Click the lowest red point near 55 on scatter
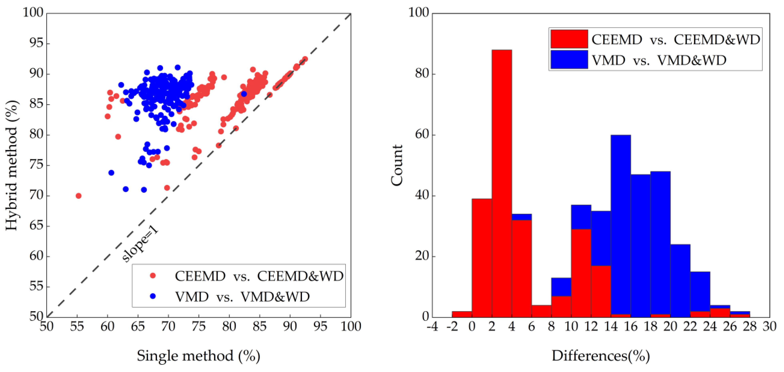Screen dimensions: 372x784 79,196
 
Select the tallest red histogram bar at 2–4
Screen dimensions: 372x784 501,182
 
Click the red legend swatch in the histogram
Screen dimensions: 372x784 569,39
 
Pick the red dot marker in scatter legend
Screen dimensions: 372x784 153,276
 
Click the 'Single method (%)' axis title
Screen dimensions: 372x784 198,356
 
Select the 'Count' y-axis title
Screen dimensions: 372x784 397,166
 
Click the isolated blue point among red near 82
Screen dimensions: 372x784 244,94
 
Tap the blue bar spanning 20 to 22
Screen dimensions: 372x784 680,280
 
